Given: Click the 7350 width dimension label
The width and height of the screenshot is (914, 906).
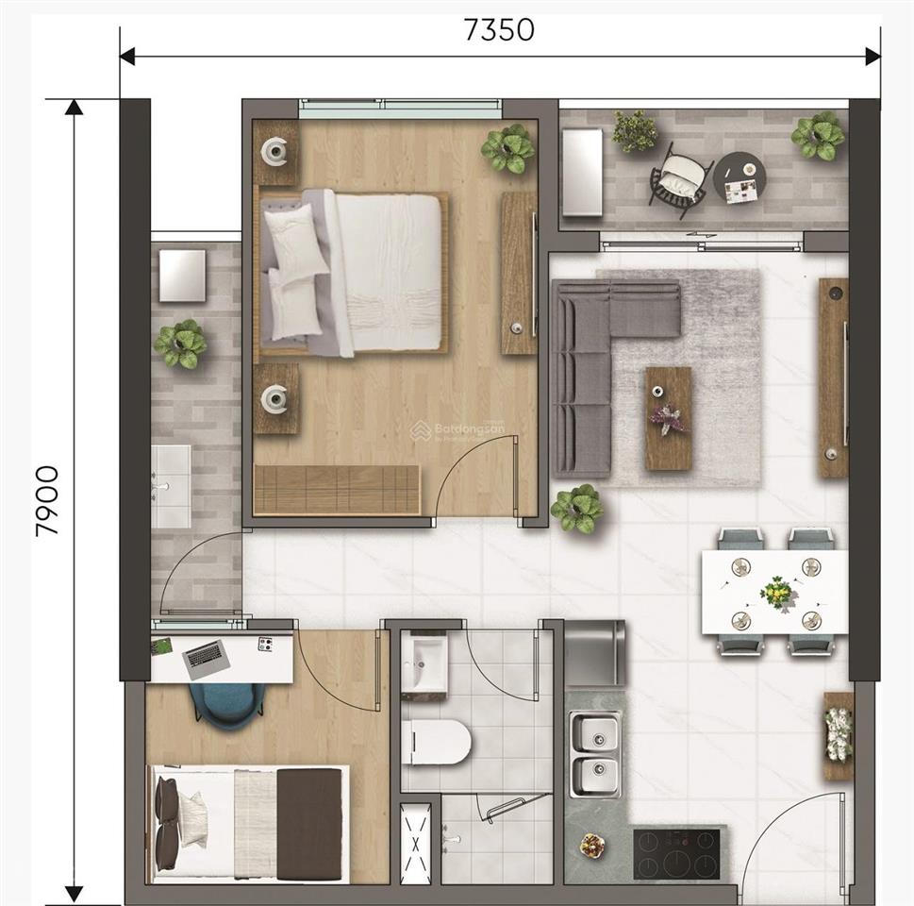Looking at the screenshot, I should [x=499, y=30].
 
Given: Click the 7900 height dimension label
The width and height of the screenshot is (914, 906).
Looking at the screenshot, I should [x=47, y=500].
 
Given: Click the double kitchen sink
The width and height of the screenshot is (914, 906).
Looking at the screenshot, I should [x=595, y=753].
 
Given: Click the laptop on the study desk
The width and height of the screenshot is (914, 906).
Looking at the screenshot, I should [x=206, y=658].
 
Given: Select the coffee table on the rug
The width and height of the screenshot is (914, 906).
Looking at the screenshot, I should [x=668, y=418].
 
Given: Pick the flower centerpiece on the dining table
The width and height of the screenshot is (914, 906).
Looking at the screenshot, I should [x=776, y=593].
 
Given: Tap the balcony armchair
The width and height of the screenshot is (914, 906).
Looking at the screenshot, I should [x=681, y=178].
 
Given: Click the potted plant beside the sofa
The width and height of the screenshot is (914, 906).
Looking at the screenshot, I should [x=576, y=509].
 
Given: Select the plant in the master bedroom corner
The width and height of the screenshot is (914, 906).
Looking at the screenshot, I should [x=508, y=148].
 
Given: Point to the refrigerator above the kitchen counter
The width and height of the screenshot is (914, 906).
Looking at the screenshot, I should [x=594, y=653].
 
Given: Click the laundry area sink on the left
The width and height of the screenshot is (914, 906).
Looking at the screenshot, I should [x=172, y=486].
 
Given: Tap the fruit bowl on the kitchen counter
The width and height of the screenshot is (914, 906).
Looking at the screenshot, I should [x=591, y=845].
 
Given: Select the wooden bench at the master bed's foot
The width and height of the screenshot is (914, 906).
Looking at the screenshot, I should [x=336, y=490].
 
